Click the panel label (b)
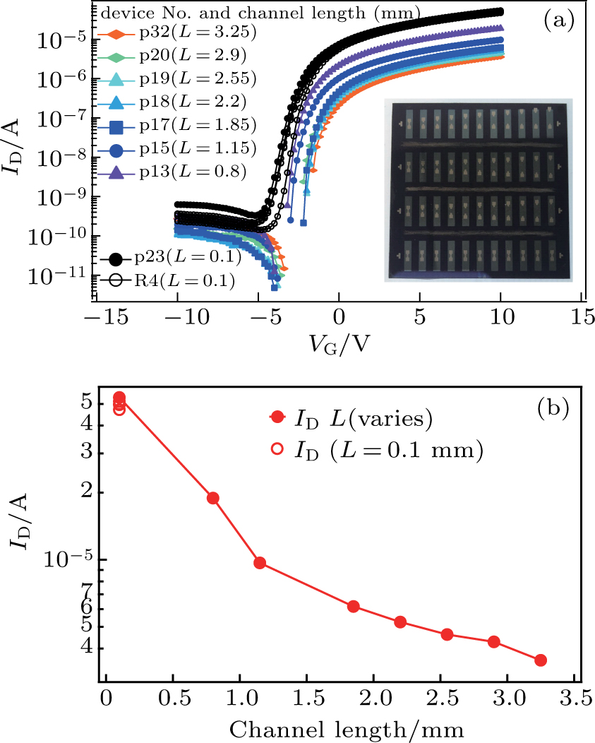[x=555, y=408]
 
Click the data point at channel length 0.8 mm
[x=212, y=498]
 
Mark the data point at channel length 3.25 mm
[x=541, y=660]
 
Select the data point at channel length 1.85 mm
[x=353, y=606]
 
